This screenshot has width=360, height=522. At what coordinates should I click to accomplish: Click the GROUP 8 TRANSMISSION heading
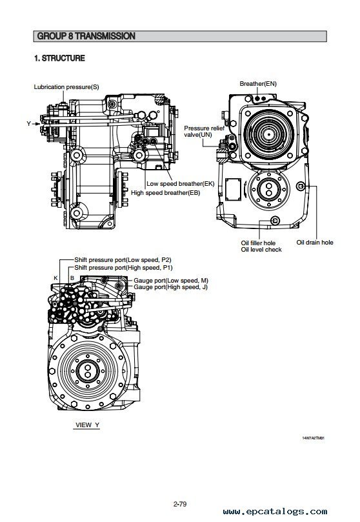point(86,36)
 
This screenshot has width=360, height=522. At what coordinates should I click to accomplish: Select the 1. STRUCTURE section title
point(59,58)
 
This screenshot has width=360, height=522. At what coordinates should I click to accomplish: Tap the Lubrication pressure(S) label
point(66,87)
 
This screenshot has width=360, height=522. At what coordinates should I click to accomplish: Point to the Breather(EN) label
point(258,84)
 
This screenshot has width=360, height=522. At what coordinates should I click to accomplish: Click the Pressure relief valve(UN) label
point(204,131)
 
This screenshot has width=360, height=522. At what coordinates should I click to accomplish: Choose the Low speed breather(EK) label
point(181,183)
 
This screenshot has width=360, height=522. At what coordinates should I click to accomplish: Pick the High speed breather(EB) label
point(165,192)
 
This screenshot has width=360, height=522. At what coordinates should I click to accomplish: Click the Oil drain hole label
point(315,243)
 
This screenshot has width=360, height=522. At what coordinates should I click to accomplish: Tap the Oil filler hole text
point(258,243)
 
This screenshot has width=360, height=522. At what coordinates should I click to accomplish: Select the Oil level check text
point(261,250)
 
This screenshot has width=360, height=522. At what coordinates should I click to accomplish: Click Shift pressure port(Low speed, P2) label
point(123,259)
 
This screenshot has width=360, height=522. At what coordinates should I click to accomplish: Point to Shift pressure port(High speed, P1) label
point(123,268)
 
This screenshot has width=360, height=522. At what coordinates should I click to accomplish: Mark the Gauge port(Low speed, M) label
point(171,281)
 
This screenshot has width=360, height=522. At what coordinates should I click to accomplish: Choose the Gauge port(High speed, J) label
point(171,287)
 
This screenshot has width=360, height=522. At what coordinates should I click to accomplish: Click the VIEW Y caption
point(87,425)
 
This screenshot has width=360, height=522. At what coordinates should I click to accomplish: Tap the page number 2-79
point(180,504)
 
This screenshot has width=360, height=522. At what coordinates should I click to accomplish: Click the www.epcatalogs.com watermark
point(275,511)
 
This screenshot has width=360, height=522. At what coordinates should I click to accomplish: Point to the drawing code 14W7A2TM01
point(313,437)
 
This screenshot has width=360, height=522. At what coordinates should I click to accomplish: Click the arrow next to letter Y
point(36,124)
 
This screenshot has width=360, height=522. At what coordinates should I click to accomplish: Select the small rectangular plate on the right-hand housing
point(233,189)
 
